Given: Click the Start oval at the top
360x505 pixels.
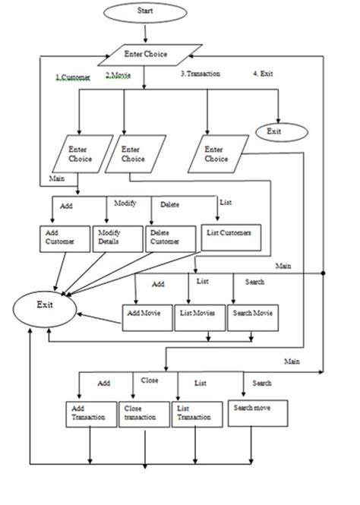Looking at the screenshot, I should tap(145, 13).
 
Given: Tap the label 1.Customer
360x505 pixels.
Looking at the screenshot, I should tap(74, 77).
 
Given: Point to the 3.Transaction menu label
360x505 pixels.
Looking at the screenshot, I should tap(201, 74).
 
